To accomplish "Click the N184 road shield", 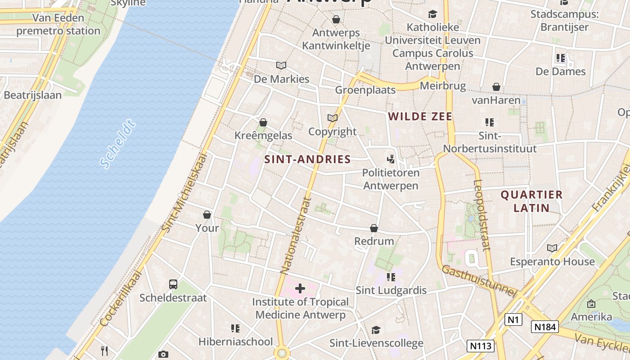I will pyautogui.click(x=544, y=327).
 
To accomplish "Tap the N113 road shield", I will pyautogui.click(x=481, y=346).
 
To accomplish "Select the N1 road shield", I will pyautogui.click(x=513, y=319).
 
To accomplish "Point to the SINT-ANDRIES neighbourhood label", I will pyautogui.click(x=307, y=159).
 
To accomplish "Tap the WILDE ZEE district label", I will pyautogui.click(x=420, y=117).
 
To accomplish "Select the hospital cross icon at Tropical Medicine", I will pyautogui.click(x=300, y=288).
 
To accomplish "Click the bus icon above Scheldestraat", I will pyautogui.click(x=173, y=284).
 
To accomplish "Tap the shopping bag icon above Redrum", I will pyautogui.click(x=374, y=228).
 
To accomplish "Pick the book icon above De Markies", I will pyautogui.click(x=281, y=66).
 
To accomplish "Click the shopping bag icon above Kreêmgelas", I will pyautogui.click(x=263, y=122).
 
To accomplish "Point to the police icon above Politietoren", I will pyautogui.click(x=391, y=159).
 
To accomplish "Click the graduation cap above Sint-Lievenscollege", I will pyautogui.click(x=376, y=330).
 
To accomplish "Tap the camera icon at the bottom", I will pyautogui.click(x=163, y=354).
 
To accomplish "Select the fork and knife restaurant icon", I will pyautogui.click(x=104, y=351).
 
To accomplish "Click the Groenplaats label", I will pyautogui.click(x=365, y=90).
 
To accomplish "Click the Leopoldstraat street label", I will pyautogui.click(x=481, y=215).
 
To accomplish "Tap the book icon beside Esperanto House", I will pyautogui.click(x=552, y=248).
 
